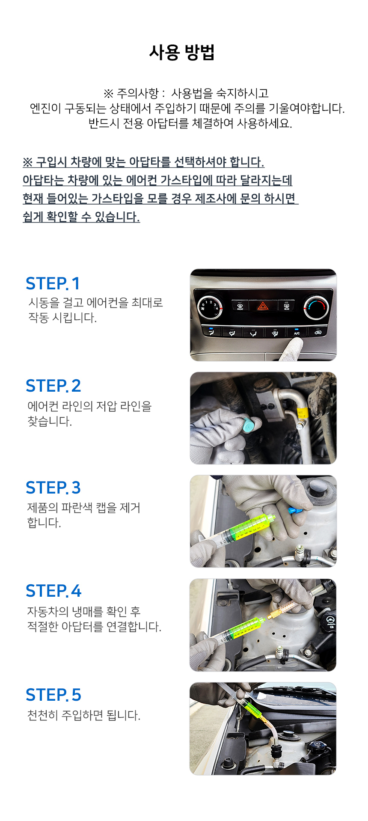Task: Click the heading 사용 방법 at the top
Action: [x=182, y=52]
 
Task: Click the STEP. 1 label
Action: [x=53, y=283]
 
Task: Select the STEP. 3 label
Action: [x=53, y=488]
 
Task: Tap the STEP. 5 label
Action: [x=53, y=695]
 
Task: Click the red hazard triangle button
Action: [x=262, y=306]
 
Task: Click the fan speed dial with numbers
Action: [x=210, y=307]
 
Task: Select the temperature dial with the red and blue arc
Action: [x=316, y=307]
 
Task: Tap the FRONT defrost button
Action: [x=240, y=306]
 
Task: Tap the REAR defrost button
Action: [x=286, y=306]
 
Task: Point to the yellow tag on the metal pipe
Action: [x=302, y=413]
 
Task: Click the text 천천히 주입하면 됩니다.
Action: [x=84, y=715]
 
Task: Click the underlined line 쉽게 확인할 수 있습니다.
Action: [x=81, y=217]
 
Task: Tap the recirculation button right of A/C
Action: [x=318, y=332]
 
